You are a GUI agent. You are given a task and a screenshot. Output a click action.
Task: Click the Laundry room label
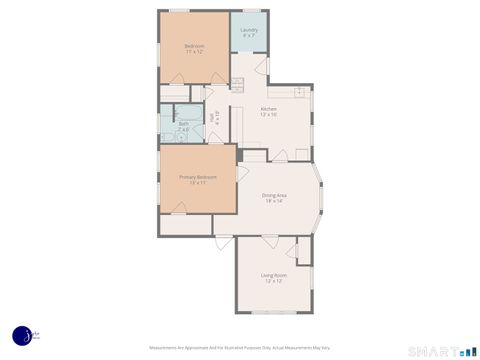[249, 32]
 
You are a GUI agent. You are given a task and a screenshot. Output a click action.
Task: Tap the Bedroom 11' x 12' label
[194, 49]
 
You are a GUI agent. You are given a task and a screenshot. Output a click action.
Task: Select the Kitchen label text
[269, 111]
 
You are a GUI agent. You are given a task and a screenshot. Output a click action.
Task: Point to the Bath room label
[183, 126]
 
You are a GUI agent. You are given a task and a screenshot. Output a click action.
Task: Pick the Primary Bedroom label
[198, 180]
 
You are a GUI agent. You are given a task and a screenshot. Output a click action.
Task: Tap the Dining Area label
[275, 198]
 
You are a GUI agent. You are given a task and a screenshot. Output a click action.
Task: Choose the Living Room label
[274, 278]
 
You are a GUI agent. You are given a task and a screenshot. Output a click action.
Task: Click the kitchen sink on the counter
[300, 91]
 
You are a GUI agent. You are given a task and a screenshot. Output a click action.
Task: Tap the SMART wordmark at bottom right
[434, 351]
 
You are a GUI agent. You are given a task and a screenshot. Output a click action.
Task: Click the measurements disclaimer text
[240, 349]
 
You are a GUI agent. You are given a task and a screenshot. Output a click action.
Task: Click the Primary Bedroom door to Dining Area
[242, 171]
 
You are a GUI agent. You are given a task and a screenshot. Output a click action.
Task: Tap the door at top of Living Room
[270, 240]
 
